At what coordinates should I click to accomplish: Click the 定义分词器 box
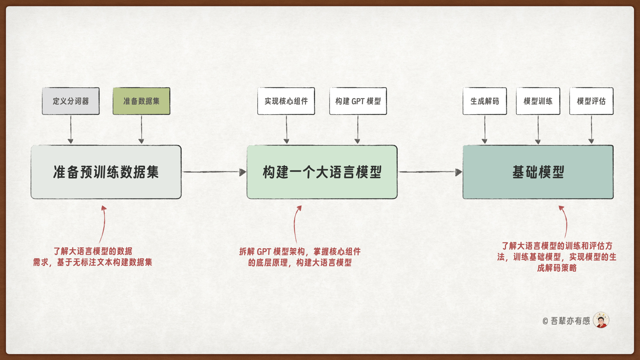[x=71, y=101]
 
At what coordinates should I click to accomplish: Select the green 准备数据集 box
[x=141, y=101]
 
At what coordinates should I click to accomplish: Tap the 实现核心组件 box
[x=286, y=101]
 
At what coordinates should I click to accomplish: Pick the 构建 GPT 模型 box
[x=358, y=101]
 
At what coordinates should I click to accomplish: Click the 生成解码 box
[x=485, y=101]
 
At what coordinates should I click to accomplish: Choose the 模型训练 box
[x=538, y=101]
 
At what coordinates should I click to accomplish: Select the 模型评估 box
[x=591, y=101]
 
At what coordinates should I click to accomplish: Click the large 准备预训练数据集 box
[x=106, y=172]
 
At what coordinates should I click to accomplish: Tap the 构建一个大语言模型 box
[x=322, y=172]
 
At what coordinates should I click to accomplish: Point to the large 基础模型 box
[x=538, y=172]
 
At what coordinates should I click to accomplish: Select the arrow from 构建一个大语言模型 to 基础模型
[x=430, y=172]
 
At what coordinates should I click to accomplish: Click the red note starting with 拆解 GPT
[x=300, y=257]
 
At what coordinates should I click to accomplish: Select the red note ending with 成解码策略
[x=557, y=257]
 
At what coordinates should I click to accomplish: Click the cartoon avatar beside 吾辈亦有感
[x=601, y=320]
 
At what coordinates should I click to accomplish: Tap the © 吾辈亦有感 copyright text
[x=566, y=321]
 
